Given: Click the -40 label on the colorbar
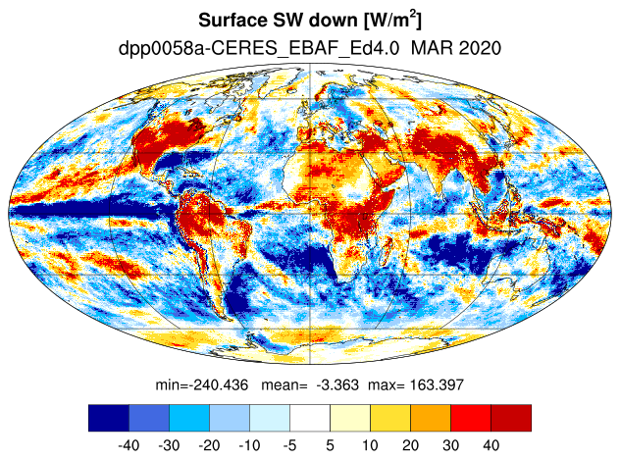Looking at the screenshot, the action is click(129, 445).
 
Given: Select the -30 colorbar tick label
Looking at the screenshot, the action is click(169, 445).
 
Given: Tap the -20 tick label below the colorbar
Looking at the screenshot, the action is click(209, 445).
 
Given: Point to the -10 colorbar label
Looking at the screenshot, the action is click(249, 445).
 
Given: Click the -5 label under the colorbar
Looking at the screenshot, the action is click(289, 445).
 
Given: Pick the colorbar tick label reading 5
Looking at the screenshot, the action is click(331, 445).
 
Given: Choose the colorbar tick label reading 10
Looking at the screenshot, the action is click(370, 445).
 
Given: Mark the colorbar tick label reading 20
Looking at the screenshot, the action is click(410, 445).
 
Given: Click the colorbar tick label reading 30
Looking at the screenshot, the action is click(450, 445).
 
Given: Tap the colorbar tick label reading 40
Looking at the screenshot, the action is click(491, 445).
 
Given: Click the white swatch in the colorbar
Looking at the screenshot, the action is click(310, 418).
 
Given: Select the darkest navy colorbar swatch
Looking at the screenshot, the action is click(109, 418).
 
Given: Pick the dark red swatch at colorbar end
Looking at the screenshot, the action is click(511, 418).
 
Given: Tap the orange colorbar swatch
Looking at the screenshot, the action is click(431, 418).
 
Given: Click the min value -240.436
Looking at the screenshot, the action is click(218, 384).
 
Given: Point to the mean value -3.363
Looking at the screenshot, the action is click(337, 384).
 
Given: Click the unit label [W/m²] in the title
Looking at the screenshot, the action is click(392, 20).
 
